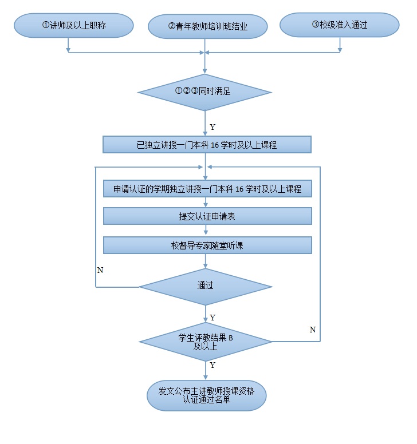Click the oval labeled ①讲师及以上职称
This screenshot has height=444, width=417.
[x=74, y=26]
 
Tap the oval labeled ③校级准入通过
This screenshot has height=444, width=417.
[x=340, y=26]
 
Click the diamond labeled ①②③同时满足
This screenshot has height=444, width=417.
[x=205, y=92]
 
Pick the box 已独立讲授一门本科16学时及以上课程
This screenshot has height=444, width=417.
[x=207, y=145]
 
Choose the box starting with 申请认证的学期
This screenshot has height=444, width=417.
[x=207, y=189]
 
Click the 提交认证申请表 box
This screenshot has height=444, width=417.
[x=207, y=216]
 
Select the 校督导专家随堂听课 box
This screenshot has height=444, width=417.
[x=207, y=245]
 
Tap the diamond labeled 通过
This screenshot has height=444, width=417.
[x=205, y=285]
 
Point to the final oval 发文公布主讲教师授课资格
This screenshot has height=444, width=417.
[x=207, y=395]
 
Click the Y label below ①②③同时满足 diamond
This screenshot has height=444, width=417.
[x=213, y=127]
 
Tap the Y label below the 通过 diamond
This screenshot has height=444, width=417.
[x=213, y=318]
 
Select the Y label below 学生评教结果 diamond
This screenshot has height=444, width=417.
[x=213, y=365]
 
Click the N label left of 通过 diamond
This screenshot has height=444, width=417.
[x=100, y=269]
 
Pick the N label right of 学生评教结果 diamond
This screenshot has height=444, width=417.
[x=312, y=330]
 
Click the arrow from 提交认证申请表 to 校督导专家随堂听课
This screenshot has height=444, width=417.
[x=206, y=230]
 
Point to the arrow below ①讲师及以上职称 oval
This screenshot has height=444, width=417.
[x=68, y=45]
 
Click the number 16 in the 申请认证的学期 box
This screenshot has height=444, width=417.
[x=240, y=189]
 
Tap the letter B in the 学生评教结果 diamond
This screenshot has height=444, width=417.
[x=231, y=338]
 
